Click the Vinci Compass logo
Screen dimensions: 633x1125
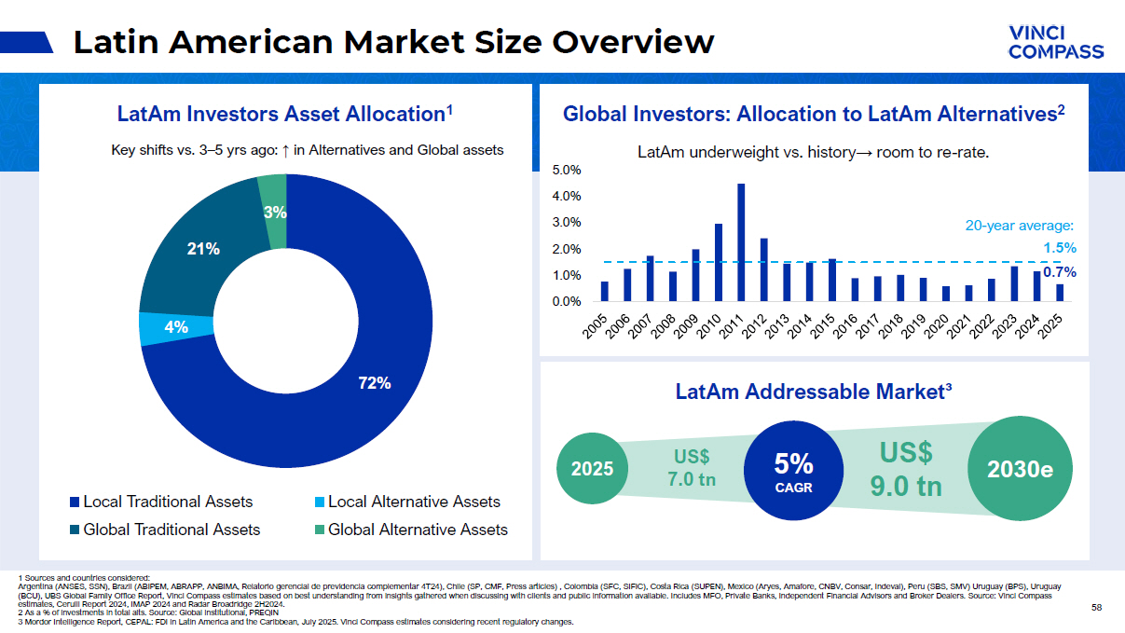click(x=1055, y=42)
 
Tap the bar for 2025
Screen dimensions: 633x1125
click(x=1060, y=293)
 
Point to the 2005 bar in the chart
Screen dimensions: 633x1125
click(x=605, y=292)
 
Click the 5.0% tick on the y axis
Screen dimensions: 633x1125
click(x=567, y=171)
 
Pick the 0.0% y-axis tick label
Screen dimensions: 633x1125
click(x=567, y=302)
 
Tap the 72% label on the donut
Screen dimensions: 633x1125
click(x=375, y=383)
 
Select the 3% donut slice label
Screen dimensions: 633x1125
click(x=275, y=213)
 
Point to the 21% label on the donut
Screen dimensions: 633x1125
click(x=204, y=249)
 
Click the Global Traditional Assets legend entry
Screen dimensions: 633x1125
click(x=164, y=530)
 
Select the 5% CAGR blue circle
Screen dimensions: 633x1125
click(x=793, y=471)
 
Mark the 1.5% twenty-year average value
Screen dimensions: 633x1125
click(x=1059, y=248)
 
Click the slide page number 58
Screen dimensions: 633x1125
click(x=1096, y=608)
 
